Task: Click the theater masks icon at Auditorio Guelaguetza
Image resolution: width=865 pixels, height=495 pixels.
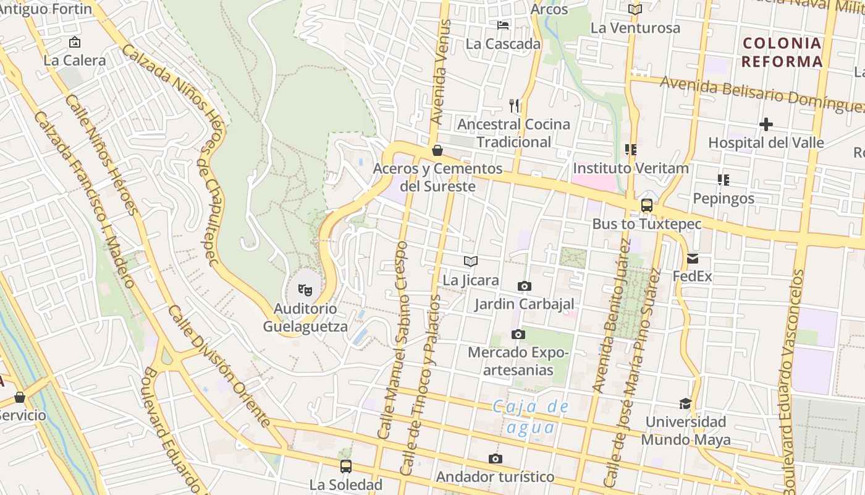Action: [x=305, y=289]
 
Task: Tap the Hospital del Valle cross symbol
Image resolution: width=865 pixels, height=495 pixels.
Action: [x=766, y=124]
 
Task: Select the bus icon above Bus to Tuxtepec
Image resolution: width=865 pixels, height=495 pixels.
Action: [x=646, y=205]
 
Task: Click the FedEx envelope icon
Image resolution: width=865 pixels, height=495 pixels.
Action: [x=693, y=259]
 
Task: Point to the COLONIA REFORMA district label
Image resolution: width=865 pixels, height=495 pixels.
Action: [x=782, y=53]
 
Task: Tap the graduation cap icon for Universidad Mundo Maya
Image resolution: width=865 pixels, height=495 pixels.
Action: [x=685, y=404]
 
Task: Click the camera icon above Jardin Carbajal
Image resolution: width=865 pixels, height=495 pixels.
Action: [x=524, y=286]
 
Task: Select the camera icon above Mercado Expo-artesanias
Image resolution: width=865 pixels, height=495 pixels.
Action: [x=518, y=335]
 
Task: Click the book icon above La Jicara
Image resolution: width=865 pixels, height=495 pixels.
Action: [x=471, y=262]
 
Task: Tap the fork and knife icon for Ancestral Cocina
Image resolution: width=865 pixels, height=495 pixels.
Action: [x=514, y=106]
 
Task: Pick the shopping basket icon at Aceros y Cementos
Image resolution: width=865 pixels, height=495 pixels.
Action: [x=437, y=150]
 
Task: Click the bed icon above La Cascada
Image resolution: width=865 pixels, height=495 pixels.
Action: [x=504, y=25]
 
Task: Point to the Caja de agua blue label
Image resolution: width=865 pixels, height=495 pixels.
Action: [x=531, y=417]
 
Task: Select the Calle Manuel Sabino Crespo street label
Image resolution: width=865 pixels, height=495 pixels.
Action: [x=394, y=340]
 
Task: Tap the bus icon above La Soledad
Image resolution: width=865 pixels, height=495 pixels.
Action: [x=346, y=467]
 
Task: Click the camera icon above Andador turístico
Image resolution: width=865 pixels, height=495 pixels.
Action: [x=495, y=458]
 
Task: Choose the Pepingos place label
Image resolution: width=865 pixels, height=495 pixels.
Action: [x=724, y=199]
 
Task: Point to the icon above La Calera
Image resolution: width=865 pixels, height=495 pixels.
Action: [x=75, y=42]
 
